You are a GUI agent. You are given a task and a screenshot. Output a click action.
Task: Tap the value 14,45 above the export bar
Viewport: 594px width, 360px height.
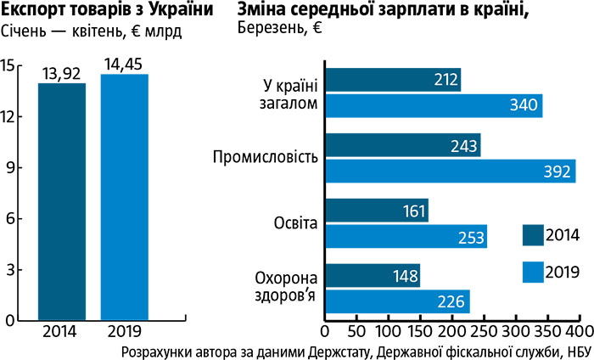pos(124,65)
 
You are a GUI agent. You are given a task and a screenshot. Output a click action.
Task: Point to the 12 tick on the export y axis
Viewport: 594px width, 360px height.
pos(10,116)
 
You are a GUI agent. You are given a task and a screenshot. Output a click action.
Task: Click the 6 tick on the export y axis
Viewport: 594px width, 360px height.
pos(10,218)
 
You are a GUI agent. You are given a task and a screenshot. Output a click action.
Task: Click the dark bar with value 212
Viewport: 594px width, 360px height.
pos(392,80)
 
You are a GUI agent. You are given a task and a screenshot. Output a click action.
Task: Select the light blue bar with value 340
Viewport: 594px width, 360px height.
pos(433,105)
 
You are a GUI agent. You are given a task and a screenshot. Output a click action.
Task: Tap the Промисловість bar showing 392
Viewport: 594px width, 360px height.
pos(450,171)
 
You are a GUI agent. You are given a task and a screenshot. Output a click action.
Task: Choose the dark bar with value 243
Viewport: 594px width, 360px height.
pos(402,145)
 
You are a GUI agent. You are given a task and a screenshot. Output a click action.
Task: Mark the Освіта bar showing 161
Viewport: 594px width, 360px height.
pos(376,211)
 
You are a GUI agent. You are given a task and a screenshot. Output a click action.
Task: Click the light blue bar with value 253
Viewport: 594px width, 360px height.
pos(406,236)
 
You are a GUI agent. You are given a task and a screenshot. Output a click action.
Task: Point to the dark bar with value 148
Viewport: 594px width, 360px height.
pos(372,276)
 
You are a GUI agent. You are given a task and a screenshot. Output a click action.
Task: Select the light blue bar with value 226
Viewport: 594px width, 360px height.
pos(396,301)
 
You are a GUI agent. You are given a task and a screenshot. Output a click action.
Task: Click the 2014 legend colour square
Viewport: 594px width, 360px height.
pos(531,233)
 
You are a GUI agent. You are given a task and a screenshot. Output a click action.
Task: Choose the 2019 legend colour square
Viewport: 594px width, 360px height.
pos(531,272)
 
